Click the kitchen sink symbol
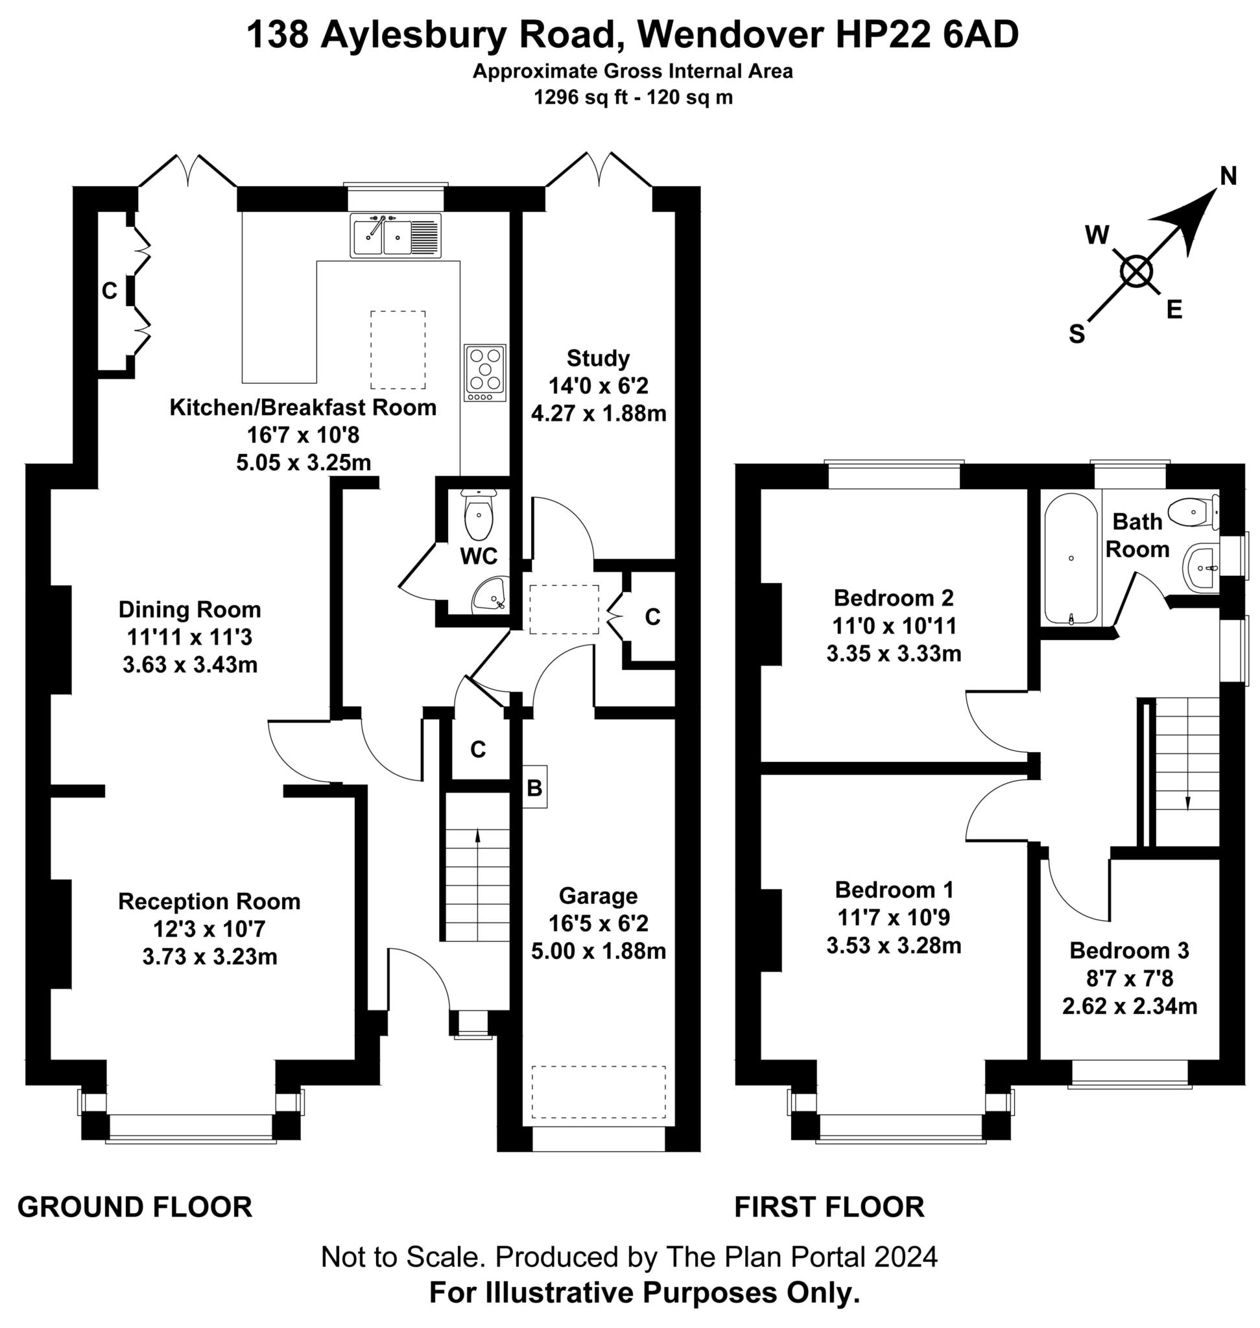click(395, 235)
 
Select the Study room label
click(598, 358)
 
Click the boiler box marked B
click(534, 787)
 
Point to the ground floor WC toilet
click(478, 516)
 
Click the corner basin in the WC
click(491, 596)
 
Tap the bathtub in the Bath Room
click(1071, 559)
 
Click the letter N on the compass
click(1228, 176)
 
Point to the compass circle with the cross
click(1136, 273)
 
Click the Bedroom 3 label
click(1129, 951)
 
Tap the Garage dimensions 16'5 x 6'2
click(598, 923)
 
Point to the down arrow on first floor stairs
click(1187, 803)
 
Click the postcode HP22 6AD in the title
click(927, 35)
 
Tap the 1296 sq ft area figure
click(582, 98)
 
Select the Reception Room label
click(209, 901)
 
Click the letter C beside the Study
click(652, 617)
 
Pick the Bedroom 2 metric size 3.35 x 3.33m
click(894, 653)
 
